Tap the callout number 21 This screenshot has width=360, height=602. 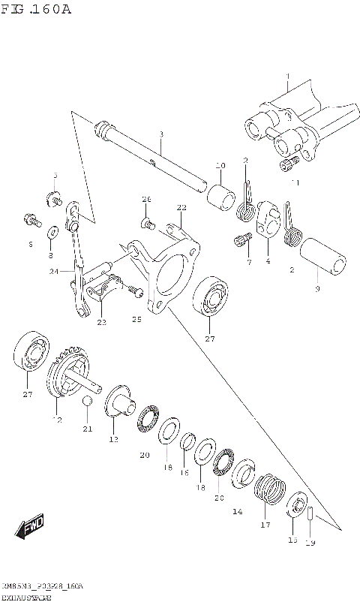click(88, 429)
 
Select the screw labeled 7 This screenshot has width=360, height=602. click(241, 241)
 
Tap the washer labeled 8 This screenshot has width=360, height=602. click(54, 231)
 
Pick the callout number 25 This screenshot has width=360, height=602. click(136, 319)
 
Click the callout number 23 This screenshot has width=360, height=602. click(101, 322)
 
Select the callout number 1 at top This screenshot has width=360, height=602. click(287, 77)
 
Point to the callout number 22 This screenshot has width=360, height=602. click(181, 207)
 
